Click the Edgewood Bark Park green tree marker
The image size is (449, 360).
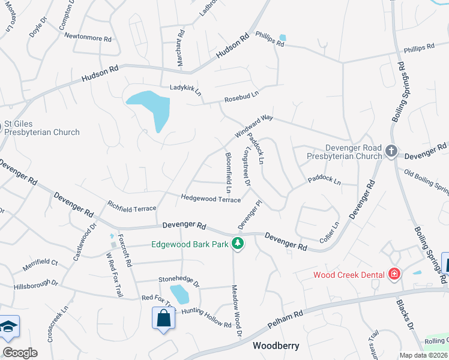point(238,244)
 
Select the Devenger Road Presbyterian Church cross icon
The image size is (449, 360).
point(391,151)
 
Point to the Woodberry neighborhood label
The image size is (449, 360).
point(276,346)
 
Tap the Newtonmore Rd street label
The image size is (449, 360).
point(89,38)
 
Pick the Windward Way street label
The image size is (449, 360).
point(254,125)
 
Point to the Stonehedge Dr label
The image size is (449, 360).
point(178,279)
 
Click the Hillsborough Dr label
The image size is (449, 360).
point(36,282)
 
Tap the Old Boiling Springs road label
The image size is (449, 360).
point(426,182)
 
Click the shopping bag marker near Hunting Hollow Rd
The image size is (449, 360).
point(163,319)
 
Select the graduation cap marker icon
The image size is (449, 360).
point(9,326)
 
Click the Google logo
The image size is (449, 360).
point(20,352)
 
